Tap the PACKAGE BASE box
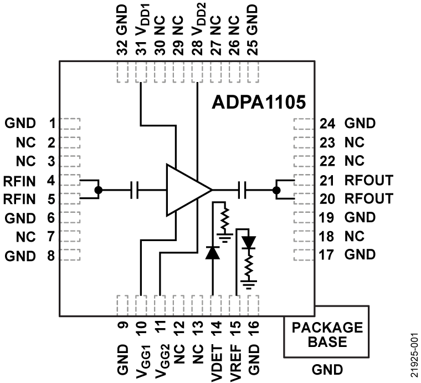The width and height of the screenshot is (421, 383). pos(326,334)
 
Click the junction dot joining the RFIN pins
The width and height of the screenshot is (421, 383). pos(99,190)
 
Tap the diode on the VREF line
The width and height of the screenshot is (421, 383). pos(250,242)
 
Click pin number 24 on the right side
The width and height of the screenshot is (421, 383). pos(326,123)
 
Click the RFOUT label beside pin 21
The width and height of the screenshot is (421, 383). pos(368,180)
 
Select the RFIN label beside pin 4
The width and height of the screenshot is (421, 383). pos(20,180)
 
